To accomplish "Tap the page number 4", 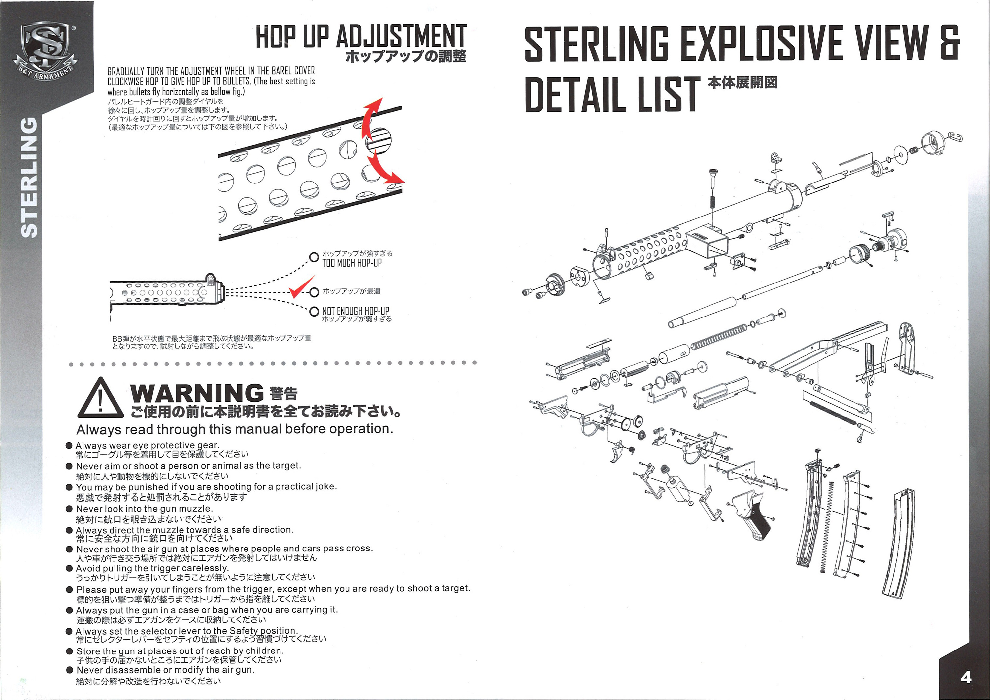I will click(966, 677).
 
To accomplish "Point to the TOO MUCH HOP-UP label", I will click(352, 263).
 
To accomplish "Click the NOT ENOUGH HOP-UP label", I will click(355, 311).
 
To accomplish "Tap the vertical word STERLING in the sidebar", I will click(29, 177).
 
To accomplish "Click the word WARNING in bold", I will click(197, 393).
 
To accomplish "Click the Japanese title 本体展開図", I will click(742, 83).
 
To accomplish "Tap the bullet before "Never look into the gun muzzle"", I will click(69, 509).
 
